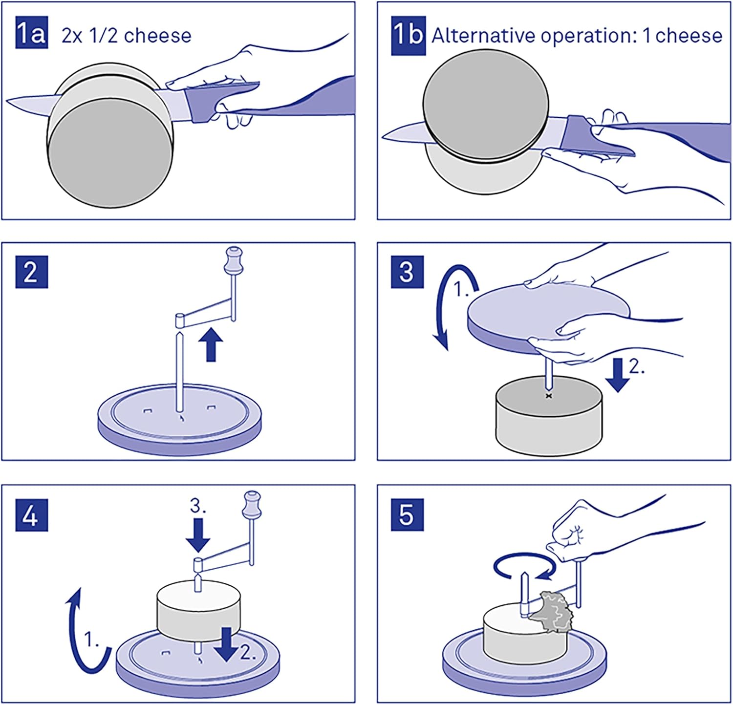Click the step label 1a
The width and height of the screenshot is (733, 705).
click(31, 33)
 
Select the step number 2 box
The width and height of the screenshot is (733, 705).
click(31, 271)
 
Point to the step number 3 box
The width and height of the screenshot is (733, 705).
click(407, 271)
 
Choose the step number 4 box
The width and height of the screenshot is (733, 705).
click(31, 515)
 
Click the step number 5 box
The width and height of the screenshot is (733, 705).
click(407, 515)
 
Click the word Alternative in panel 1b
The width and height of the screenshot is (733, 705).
click(483, 36)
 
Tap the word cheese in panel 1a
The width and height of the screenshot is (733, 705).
click(157, 36)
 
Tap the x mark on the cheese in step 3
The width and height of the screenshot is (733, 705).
click(548, 396)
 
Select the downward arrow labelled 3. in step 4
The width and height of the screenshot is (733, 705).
click(198, 535)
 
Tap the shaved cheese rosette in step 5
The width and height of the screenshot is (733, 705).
click(551, 612)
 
